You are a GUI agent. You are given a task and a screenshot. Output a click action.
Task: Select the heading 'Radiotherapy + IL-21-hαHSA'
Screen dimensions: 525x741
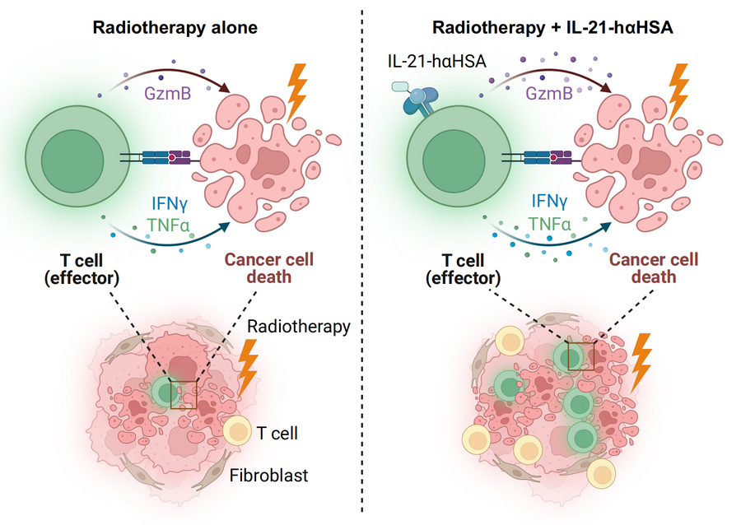click(553, 27)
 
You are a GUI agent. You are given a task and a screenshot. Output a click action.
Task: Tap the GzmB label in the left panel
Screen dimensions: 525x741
click(170, 93)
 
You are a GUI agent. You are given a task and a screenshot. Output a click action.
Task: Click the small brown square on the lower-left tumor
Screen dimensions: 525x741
click(184, 394)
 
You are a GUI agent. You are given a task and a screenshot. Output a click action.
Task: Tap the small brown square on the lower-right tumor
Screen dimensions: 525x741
click(580, 355)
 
